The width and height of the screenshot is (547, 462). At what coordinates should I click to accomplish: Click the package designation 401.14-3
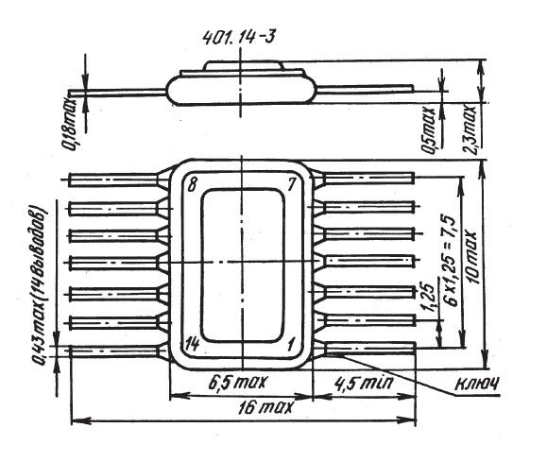point(239,36)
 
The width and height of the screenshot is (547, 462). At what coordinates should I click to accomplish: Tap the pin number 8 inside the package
point(192,184)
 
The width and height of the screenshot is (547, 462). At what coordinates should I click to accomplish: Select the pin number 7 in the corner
point(292,184)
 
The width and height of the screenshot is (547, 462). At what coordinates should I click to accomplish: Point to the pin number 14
point(192,344)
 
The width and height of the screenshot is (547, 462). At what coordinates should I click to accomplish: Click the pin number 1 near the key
point(290,345)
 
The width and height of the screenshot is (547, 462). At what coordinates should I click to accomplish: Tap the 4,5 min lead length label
point(364,384)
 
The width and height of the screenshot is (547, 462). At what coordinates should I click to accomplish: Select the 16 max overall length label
point(265,407)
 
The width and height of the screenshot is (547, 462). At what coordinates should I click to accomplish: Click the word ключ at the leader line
point(477,384)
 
